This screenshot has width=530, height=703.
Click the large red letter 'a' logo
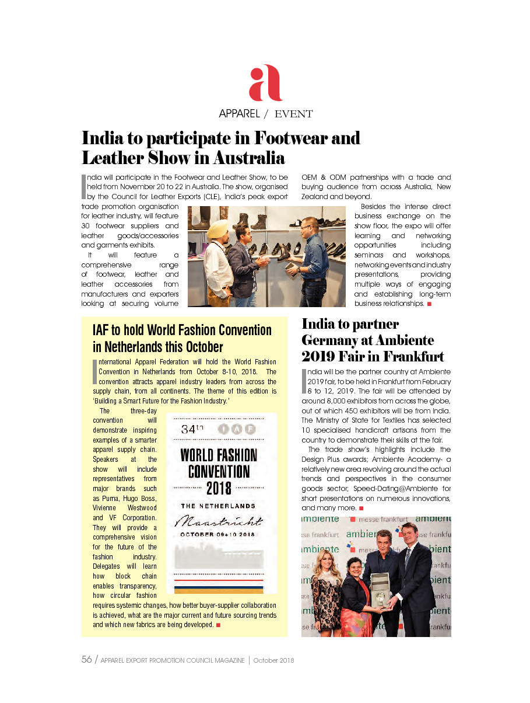265,83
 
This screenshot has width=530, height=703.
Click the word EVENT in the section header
294,114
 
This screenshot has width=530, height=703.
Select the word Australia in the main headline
248,158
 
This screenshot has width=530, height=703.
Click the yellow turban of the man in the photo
217,227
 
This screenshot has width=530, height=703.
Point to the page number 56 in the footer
86,660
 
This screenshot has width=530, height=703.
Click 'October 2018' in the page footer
273,660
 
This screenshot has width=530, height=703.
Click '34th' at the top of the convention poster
192,429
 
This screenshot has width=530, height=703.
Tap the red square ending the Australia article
429,304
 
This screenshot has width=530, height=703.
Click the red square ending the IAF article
217,625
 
